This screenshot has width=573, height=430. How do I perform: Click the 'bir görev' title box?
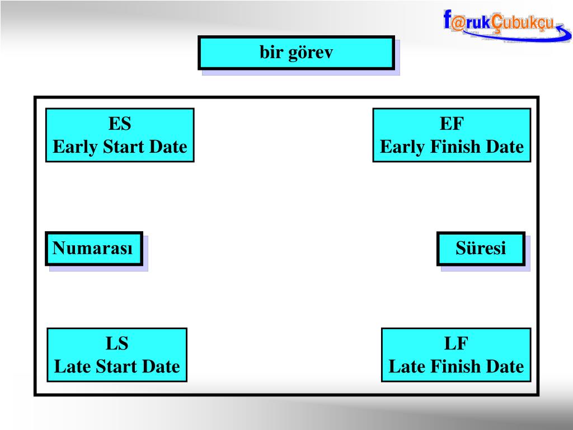296,53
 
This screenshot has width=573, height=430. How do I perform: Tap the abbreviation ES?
120,123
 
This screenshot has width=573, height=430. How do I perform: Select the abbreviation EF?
452,123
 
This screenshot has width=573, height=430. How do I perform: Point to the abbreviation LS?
117,343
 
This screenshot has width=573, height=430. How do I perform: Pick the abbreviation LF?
456,343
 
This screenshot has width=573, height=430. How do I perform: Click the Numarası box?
93,248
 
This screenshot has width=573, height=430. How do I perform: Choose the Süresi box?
481,248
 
